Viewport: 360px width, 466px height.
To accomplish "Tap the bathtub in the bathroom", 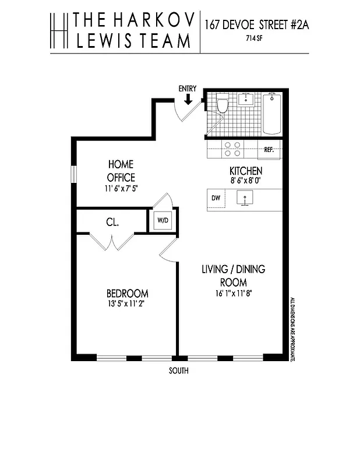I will (272, 113).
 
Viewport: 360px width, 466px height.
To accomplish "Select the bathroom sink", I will (248, 99).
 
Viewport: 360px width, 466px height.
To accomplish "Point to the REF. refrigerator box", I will (269, 150).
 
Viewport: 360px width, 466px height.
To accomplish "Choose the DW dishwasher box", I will (216, 199).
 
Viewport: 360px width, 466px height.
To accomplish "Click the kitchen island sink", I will (248, 199).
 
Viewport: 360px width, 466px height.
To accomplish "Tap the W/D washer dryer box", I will (161, 221).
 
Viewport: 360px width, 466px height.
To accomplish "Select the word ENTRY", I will (188, 88).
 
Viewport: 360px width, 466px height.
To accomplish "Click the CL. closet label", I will (112, 222).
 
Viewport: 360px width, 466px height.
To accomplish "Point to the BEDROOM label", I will (127, 294).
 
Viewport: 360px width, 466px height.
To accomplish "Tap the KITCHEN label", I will (245, 171).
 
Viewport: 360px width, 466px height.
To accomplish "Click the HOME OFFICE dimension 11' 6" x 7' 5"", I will (121, 188).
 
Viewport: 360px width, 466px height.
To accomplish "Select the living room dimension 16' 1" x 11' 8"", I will (233, 293).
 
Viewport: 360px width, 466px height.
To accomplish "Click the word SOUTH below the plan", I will (178, 371).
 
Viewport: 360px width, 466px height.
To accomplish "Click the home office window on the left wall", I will (74, 175).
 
